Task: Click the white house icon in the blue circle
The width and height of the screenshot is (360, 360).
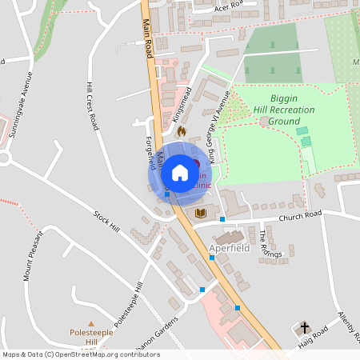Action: click(x=180, y=172)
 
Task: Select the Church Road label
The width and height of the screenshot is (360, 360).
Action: click(x=299, y=215)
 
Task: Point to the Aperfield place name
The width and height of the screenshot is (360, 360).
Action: click(x=230, y=249)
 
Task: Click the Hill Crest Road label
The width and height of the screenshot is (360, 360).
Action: click(x=93, y=106)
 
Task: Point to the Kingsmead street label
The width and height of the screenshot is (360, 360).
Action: click(x=181, y=102)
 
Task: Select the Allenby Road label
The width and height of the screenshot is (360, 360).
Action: click(x=349, y=324)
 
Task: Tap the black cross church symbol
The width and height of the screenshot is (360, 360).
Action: click(x=304, y=327)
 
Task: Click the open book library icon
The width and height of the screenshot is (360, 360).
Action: click(x=200, y=213)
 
